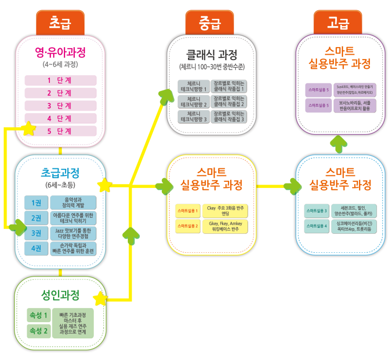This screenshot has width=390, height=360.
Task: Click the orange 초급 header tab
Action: click(60, 22)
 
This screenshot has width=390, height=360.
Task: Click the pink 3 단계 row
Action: click(60, 106)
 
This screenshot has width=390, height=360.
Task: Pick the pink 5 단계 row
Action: click(60, 131)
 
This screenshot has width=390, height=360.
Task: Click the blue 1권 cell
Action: click(36, 203)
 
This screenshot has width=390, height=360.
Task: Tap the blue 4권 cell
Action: click(36, 248)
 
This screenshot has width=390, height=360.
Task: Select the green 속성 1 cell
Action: click(38, 315)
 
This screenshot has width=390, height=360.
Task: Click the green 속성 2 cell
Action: click(38, 330)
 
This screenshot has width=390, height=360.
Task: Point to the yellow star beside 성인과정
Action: click(100, 298)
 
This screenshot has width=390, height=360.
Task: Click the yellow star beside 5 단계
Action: click(28, 128)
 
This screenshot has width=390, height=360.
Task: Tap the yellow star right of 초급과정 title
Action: click(105, 186)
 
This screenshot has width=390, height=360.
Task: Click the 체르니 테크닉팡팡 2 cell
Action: click(193, 101)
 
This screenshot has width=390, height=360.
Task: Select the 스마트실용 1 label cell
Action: click(187, 210)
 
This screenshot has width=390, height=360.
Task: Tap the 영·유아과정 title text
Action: click(60, 53)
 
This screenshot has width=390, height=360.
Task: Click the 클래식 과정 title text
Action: click(212, 54)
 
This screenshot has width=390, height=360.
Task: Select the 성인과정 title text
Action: click(60, 295)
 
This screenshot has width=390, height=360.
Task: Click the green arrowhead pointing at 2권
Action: click(18, 227)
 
